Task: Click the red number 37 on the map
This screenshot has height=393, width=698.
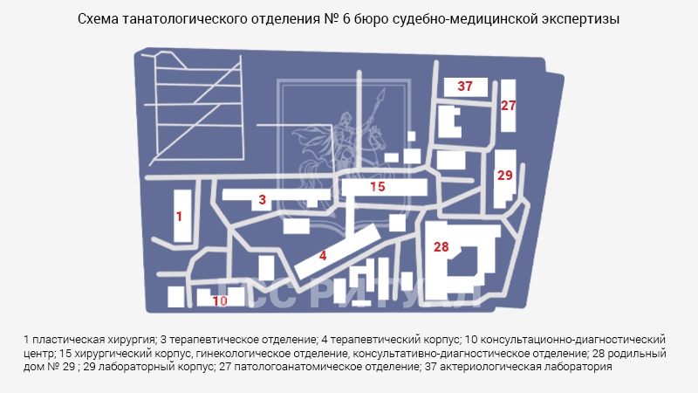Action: (x=465, y=86)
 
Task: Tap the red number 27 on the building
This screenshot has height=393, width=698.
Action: (x=508, y=106)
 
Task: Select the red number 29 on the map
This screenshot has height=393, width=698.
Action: (x=505, y=176)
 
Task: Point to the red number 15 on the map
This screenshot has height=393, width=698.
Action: (x=378, y=187)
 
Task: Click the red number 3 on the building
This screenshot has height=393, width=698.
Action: (x=263, y=200)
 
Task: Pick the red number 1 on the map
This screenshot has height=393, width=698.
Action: (x=179, y=217)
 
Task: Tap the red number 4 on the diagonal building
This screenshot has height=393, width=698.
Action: (x=323, y=256)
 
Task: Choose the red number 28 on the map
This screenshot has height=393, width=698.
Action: (x=441, y=247)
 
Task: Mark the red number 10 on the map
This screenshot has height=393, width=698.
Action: (x=220, y=301)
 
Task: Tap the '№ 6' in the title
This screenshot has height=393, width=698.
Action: (x=337, y=19)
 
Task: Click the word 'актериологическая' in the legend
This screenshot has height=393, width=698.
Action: (x=484, y=367)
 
